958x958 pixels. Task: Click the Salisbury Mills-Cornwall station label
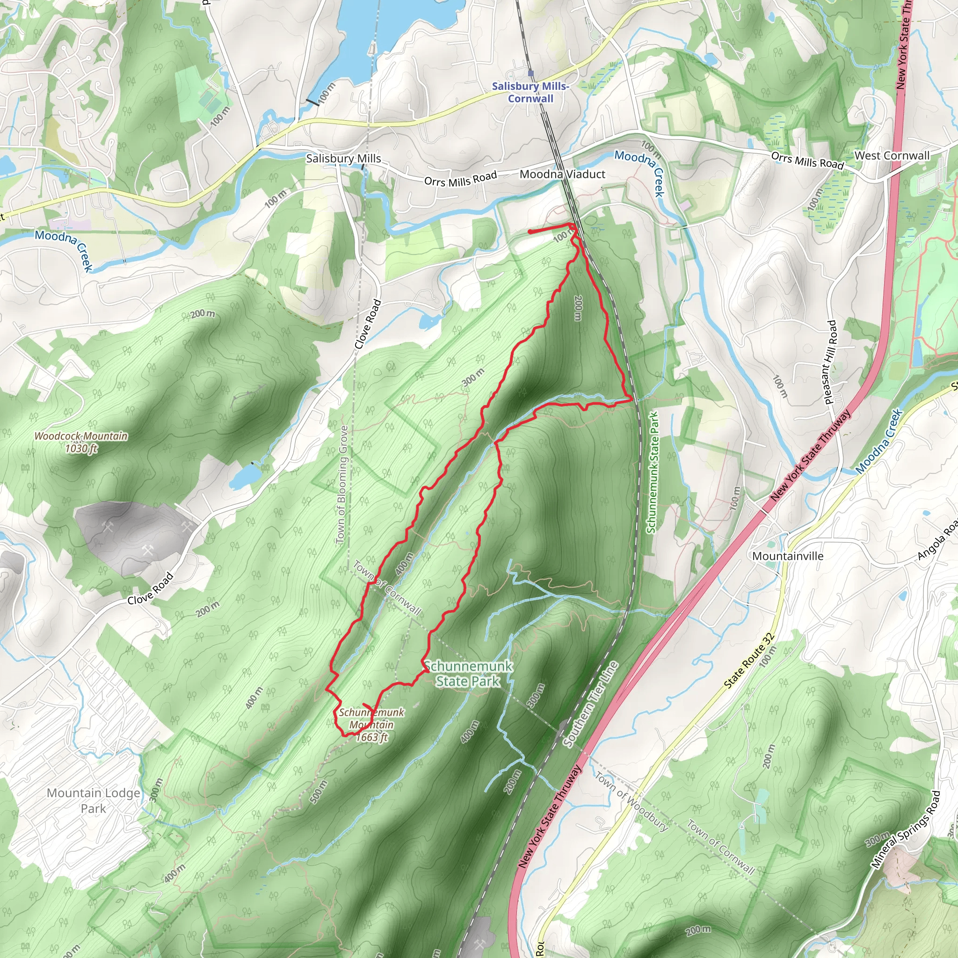[530, 92]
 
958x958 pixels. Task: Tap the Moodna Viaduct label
[562, 174]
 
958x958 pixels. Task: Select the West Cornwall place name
[892, 155]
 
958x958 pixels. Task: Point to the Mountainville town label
[788, 556]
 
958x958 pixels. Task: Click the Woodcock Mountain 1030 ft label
[81, 442]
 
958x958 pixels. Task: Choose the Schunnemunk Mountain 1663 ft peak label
[371, 725]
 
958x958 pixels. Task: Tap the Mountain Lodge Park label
[93, 800]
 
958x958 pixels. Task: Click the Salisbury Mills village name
[343, 158]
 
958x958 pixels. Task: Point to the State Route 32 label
[749, 660]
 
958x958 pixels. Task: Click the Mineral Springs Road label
[906, 829]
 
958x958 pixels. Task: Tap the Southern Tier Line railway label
[592, 704]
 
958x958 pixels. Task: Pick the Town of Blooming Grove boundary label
[342, 484]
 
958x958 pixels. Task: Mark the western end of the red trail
[530, 232]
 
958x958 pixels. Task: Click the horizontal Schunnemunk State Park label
[468, 674]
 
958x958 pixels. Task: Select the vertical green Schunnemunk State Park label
[653, 472]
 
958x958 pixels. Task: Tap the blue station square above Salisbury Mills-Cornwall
[531, 73]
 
